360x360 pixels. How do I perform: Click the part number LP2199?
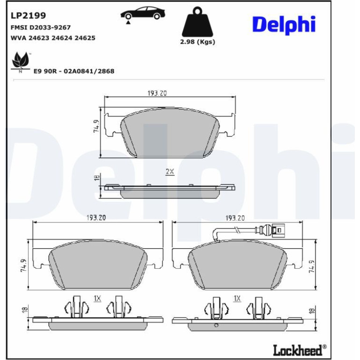pyautogui.click(x=28, y=15)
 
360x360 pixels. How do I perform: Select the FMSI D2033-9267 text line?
pyautogui.click(x=41, y=27)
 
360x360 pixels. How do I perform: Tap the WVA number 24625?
pyautogui.click(x=85, y=38)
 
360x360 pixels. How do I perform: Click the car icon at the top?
pyautogui.click(x=143, y=14)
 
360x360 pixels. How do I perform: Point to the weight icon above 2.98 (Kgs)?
pyautogui.click(x=197, y=22)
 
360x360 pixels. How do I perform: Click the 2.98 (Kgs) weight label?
pyautogui.click(x=197, y=42)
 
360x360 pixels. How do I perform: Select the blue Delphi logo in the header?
pyautogui.click(x=284, y=25)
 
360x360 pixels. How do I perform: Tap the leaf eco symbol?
pyautogui.click(x=21, y=61)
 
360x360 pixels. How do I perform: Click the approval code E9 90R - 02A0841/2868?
pyautogui.click(x=74, y=71)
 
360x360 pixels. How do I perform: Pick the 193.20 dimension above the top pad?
pyautogui.click(x=157, y=93)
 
